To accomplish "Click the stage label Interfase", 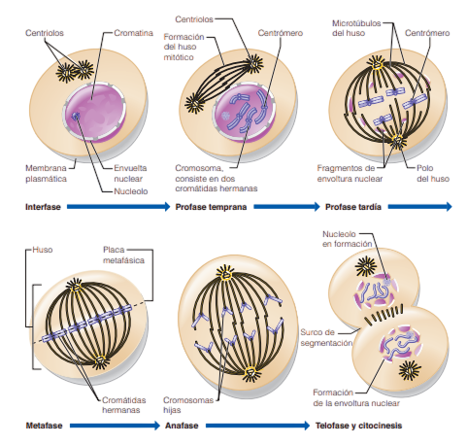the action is click(x=43, y=207).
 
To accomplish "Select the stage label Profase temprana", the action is click(x=211, y=207).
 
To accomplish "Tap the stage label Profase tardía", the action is click(x=353, y=207).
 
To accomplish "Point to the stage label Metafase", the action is click(x=44, y=426).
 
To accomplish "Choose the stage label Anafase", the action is click(x=182, y=426).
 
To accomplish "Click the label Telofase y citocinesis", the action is click(x=358, y=426).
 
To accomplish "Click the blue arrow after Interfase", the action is click(x=118, y=207).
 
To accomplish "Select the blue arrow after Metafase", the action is click(x=115, y=426).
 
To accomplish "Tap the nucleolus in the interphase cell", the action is click(x=76, y=116).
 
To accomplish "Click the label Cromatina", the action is click(x=134, y=33).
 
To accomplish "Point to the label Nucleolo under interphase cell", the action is click(x=131, y=191).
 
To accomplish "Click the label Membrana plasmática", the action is click(x=46, y=173).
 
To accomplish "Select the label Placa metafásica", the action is click(x=123, y=255).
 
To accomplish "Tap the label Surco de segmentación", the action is click(x=326, y=337).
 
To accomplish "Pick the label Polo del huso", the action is click(x=433, y=173).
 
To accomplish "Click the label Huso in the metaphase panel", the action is click(x=43, y=250).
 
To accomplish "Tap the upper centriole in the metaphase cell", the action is click(x=76, y=288).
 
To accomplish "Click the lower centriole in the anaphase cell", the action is click(x=250, y=373).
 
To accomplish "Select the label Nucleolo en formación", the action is click(x=348, y=239).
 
